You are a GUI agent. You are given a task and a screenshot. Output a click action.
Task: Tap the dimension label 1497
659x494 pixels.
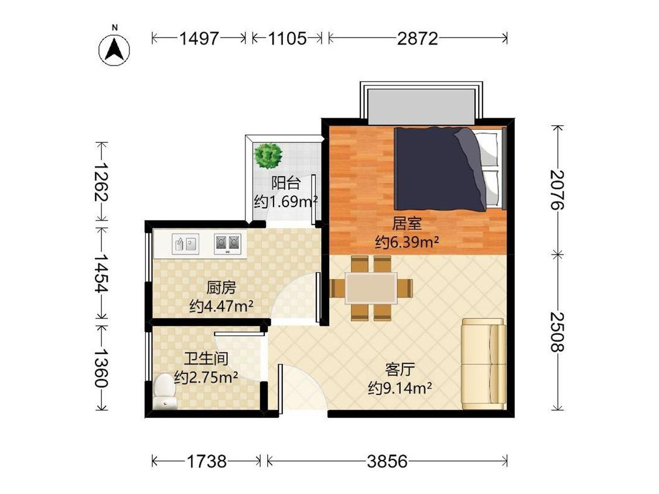[199, 39]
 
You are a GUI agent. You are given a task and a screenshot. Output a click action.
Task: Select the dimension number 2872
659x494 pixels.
[417, 39]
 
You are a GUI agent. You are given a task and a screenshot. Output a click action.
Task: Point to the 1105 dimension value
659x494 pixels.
[288, 39]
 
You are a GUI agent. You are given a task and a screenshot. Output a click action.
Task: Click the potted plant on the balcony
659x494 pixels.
[268, 156]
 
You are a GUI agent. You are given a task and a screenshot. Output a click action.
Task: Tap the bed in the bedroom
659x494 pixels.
[449, 169]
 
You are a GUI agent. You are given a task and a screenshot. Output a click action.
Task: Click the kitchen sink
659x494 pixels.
[185, 243]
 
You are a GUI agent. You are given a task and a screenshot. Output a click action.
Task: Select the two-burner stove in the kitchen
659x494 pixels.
[227, 243]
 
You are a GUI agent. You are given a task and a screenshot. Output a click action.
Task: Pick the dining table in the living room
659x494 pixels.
[371, 288]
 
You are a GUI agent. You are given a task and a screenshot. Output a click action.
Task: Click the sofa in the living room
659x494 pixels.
[483, 364]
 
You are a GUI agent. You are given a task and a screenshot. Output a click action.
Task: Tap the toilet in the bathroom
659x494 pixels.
[164, 392]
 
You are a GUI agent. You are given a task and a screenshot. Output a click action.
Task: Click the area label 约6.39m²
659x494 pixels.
[407, 242]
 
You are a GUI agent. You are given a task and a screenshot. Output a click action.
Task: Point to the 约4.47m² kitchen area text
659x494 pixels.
[221, 306]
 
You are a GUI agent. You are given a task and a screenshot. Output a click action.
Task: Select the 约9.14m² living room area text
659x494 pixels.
[400, 388]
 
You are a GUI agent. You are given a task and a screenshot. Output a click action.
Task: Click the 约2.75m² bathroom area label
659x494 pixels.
[206, 378]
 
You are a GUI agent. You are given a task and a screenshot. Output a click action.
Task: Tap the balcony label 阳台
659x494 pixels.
[286, 183]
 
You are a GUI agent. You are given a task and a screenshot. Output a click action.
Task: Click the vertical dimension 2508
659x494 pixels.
[557, 331]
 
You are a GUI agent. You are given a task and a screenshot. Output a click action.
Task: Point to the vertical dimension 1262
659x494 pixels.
[101, 181]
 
